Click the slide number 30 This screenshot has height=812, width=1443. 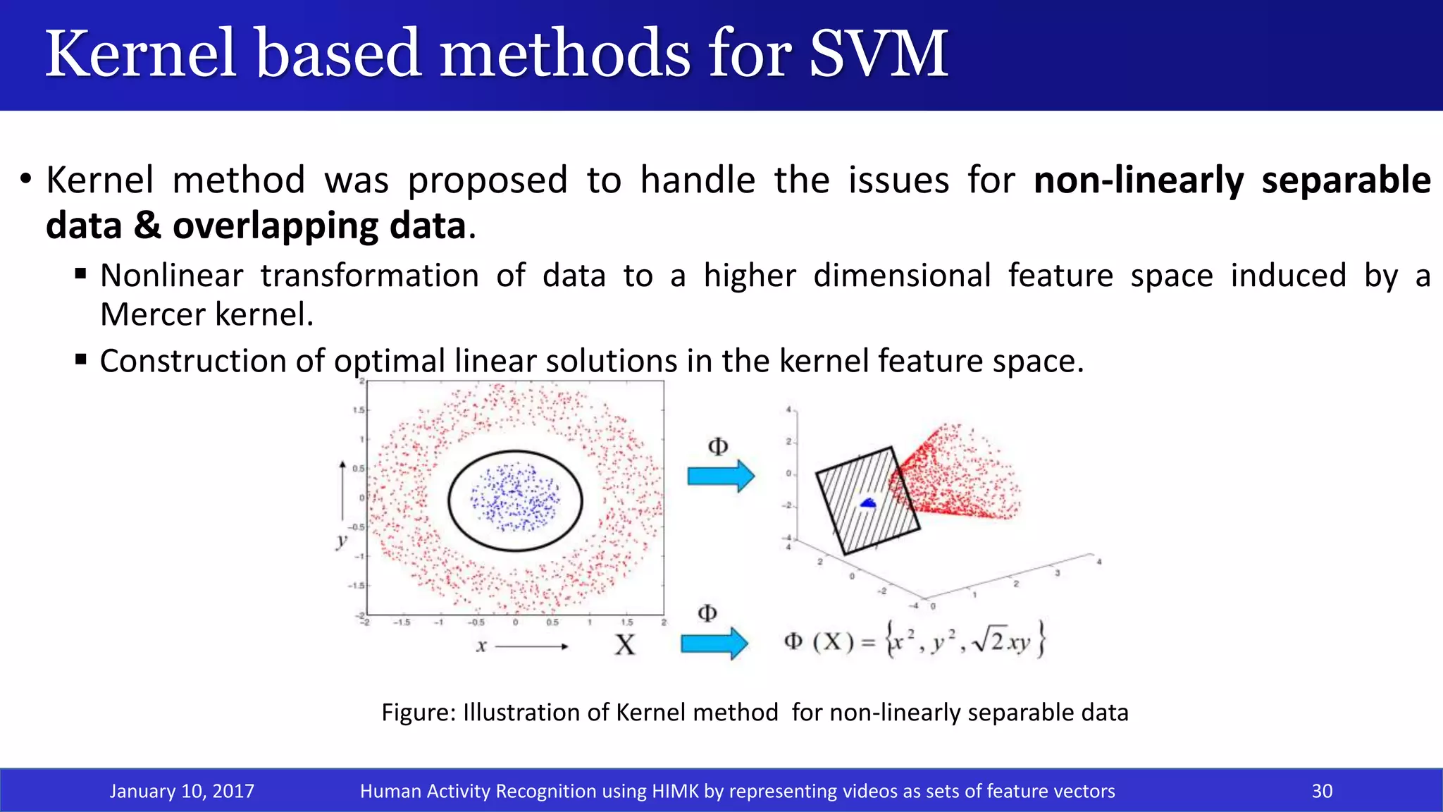tap(1322, 791)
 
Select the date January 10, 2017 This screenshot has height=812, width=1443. tap(182, 791)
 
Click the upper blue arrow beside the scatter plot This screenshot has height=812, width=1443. tap(720, 476)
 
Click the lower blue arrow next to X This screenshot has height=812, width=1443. tap(714, 643)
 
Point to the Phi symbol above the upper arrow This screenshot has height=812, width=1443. tap(717, 446)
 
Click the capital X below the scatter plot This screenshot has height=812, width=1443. tap(624, 645)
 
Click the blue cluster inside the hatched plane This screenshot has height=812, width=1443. tap(868, 503)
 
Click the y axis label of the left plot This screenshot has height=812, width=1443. tap(342, 541)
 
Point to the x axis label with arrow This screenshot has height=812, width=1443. tap(481, 646)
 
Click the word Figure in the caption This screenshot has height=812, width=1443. tap(419, 712)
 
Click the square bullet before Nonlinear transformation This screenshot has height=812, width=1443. tap(80, 273)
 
